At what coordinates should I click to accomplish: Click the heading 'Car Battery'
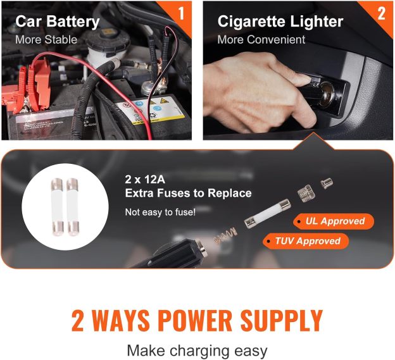(x=58, y=22)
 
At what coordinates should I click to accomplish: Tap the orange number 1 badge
(x=182, y=13)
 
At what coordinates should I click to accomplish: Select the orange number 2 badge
(x=381, y=13)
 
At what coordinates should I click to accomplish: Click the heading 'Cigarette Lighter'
(x=280, y=22)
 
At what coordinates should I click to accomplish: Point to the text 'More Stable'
(x=46, y=39)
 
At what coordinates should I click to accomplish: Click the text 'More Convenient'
(x=261, y=39)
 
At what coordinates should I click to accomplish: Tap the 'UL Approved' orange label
(x=334, y=221)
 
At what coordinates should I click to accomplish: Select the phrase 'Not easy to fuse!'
(x=160, y=212)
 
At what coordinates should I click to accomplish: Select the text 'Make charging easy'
(x=197, y=350)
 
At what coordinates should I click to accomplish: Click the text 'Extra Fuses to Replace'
(x=188, y=194)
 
